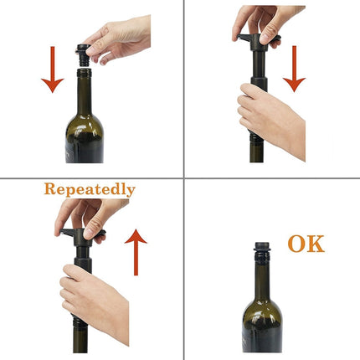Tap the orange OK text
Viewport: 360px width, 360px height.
(x=305, y=244)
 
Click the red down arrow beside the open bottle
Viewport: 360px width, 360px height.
(x=52, y=73)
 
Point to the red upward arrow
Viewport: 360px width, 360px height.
(x=136, y=252)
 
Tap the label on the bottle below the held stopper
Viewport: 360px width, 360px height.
(x=71, y=151)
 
